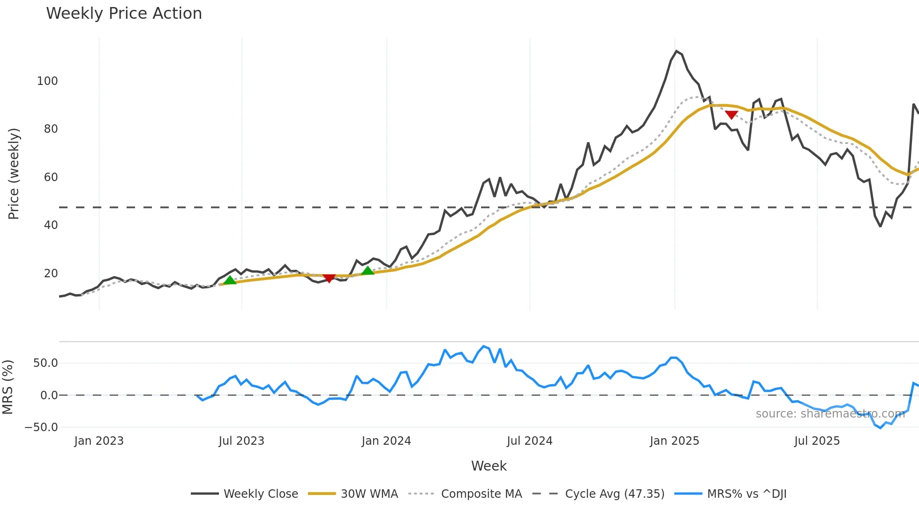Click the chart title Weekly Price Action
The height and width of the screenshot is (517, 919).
point(124,14)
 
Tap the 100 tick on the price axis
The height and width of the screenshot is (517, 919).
point(47,81)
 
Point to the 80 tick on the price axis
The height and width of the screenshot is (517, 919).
point(51,129)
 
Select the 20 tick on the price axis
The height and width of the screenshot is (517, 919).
point(51,274)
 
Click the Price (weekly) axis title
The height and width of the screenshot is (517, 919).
point(14,174)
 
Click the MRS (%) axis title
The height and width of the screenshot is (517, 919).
point(8,387)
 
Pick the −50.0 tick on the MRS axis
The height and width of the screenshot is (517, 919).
point(41,427)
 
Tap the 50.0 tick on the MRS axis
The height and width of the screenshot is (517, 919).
point(45,363)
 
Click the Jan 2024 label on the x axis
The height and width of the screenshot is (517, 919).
point(386,441)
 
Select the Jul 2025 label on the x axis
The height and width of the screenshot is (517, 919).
point(817,441)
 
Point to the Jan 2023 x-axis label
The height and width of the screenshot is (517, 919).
point(99,441)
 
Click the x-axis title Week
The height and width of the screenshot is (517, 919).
point(489,466)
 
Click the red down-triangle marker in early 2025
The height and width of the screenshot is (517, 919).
point(731,115)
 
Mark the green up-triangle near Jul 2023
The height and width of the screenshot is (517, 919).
point(230,280)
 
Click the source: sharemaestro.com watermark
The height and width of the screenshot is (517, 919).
point(830,414)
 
